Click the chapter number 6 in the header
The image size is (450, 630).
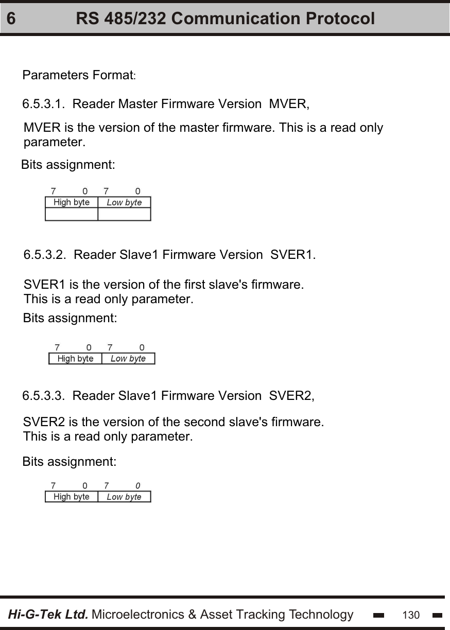click(11, 19)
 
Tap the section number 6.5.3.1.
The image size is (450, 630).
click(43, 104)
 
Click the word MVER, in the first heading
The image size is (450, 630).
click(289, 104)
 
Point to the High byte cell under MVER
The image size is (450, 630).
click(72, 202)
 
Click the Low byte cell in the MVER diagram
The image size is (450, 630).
click(124, 202)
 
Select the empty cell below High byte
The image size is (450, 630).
click(72, 214)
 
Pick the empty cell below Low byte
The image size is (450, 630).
click(124, 214)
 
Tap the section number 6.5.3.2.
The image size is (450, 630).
click(45, 255)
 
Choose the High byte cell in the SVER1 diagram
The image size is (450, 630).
click(75, 359)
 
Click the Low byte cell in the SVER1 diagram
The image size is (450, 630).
click(128, 359)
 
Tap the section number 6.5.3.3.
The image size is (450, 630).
click(43, 396)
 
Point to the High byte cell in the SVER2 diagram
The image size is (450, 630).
click(72, 497)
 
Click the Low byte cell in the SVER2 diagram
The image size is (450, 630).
click(124, 497)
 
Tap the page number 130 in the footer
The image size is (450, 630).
click(411, 615)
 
